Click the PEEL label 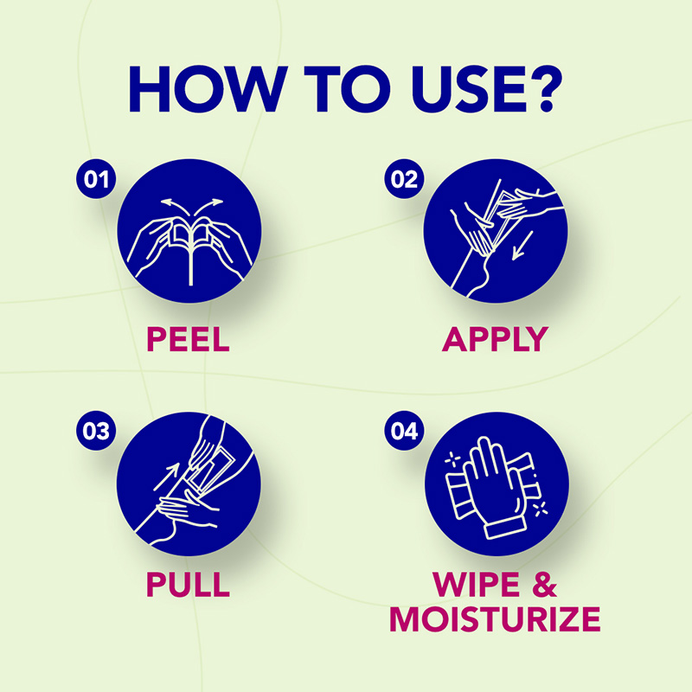click(188, 338)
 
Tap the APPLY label click(495, 338)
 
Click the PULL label click(188, 584)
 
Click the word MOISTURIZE click(495, 619)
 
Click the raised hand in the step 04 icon click(489, 484)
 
